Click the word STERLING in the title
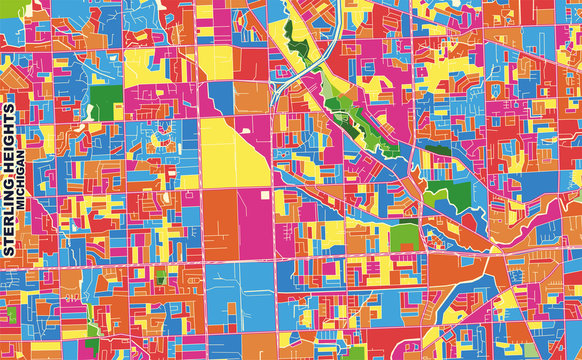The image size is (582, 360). pyautogui.click(x=10, y=220)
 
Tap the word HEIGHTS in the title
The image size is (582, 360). pyautogui.click(x=10, y=140)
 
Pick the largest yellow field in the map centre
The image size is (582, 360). pyautogui.click(x=231, y=150)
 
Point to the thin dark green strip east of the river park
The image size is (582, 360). pyautogui.click(x=436, y=151)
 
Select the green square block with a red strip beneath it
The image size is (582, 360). pyautogui.click(x=404, y=236)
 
